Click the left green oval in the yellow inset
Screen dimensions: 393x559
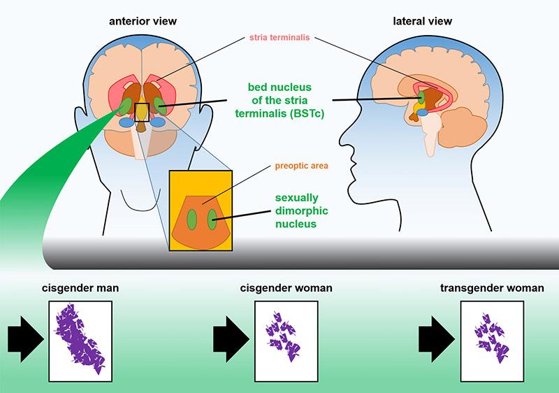(x=193, y=216)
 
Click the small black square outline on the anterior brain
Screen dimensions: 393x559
(x=142, y=111)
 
